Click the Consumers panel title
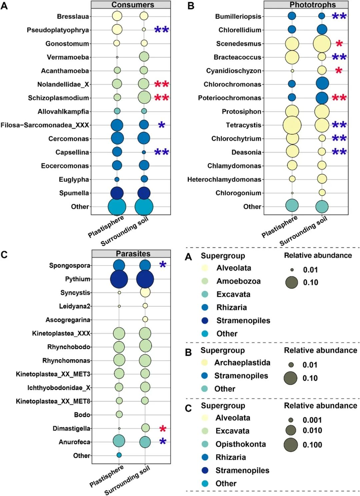tap(133, 5)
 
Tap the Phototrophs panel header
tap(312, 5)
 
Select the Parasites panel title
tap(133, 254)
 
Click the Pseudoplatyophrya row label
tap(58, 30)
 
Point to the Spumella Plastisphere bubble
tap(117, 193)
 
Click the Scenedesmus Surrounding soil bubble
tap(322, 44)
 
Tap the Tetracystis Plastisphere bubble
tap(292, 125)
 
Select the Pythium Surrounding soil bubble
tap(145, 279)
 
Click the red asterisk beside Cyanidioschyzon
tap(339, 71)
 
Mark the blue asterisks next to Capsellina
tap(162, 152)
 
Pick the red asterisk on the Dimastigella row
tap(163, 428)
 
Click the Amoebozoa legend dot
tap(205, 281)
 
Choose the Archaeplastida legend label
tap(242, 362)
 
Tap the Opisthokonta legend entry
tap(240, 444)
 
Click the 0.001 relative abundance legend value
tap(312, 420)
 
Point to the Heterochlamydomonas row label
tap(224, 180)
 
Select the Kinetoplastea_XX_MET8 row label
tap(53, 401)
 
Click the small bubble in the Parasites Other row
tap(119, 455)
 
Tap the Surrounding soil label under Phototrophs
tap(303, 231)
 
